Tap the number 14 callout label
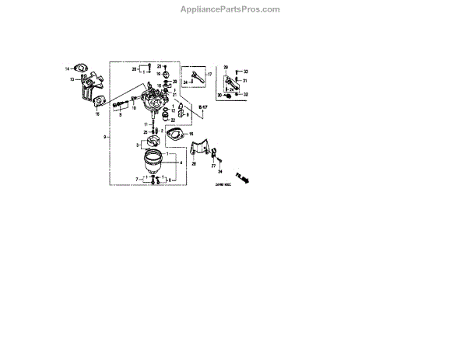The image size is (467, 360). click(68, 69)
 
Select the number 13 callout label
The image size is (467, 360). click(71, 79)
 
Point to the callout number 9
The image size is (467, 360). click(104, 137)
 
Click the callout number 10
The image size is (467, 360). click(133, 108)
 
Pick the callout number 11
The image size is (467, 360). click(145, 124)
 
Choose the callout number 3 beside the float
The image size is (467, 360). click(137, 145)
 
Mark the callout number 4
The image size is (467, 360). click(181, 163)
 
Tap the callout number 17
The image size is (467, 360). click(209, 74)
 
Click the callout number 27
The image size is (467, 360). click(213, 166)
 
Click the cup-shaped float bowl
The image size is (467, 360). click(154, 164)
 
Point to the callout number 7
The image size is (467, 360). click(137, 179)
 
